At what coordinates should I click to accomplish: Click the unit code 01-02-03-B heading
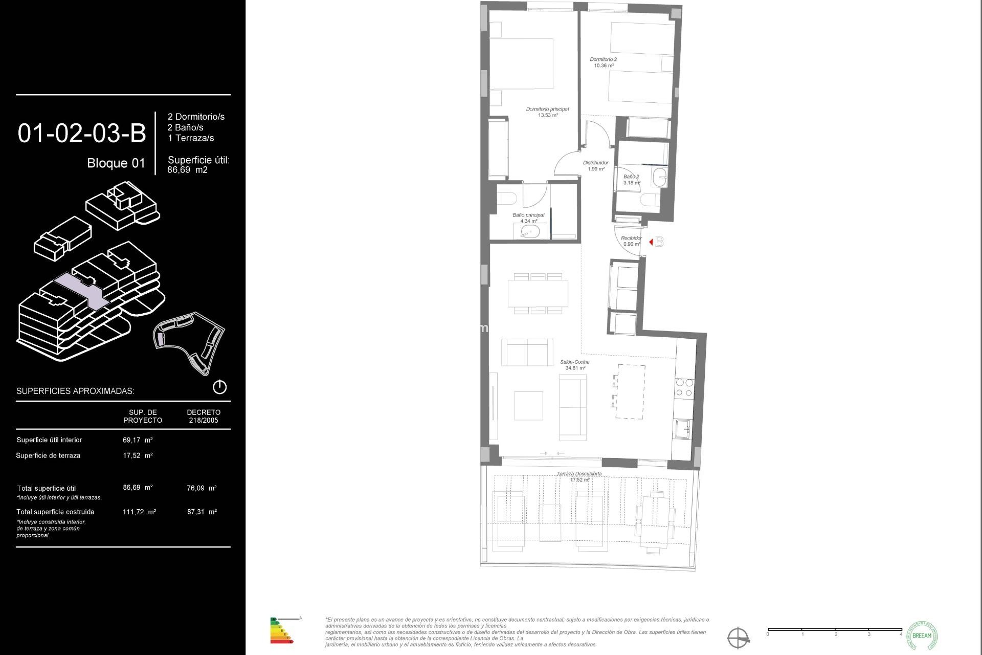[x=82, y=134]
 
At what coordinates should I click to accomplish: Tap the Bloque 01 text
[x=116, y=163]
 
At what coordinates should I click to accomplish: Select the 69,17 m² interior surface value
[x=138, y=440]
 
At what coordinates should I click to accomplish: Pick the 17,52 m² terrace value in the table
[x=138, y=455]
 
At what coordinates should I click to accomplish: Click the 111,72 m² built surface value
[x=139, y=512]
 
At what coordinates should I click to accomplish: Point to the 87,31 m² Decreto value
[x=202, y=512]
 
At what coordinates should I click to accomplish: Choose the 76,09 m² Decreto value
[x=202, y=488]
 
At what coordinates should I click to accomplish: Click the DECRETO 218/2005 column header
[x=204, y=416]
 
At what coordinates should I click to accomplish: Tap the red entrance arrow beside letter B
[x=651, y=242]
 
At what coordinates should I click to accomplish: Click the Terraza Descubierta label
[x=579, y=474]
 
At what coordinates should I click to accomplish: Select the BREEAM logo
[x=922, y=636]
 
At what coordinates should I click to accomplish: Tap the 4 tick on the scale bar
[x=901, y=635]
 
